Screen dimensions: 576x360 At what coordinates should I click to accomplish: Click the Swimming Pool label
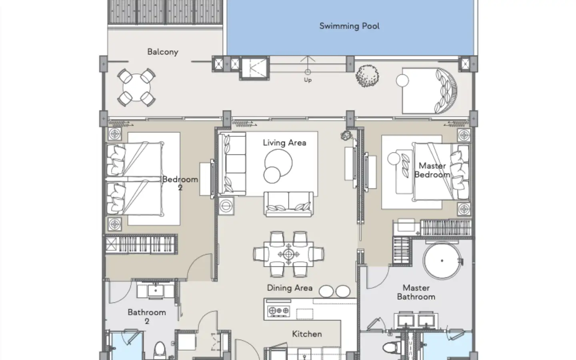(x=349, y=26)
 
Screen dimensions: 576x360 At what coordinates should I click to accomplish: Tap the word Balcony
(x=163, y=52)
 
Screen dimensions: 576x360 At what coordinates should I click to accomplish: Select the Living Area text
(x=284, y=143)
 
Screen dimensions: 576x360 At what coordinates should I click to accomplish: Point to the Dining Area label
(x=290, y=288)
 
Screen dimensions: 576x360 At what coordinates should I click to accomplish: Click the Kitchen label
(x=307, y=334)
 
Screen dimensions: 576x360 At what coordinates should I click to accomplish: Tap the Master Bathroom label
(x=416, y=292)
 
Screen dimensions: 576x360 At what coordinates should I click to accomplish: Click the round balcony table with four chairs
(x=136, y=88)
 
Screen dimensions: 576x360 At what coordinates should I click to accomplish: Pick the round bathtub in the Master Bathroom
(x=442, y=261)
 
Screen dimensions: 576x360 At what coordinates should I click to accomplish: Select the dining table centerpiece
(x=288, y=254)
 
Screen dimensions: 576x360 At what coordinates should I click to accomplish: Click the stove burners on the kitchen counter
(x=278, y=311)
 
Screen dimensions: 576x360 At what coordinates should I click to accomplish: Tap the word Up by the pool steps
(x=308, y=80)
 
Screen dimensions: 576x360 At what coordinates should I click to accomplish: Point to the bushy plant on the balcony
(x=367, y=76)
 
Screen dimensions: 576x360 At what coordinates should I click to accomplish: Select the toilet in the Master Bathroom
(x=391, y=348)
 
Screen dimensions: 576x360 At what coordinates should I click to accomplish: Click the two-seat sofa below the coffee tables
(x=288, y=204)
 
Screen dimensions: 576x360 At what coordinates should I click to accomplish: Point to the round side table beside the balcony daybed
(x=402, y=80)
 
